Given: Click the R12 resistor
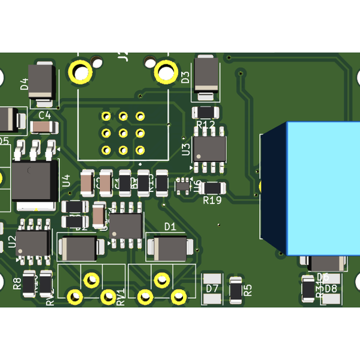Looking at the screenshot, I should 205,112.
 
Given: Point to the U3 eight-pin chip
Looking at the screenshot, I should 210,147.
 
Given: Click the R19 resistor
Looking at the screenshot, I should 212,187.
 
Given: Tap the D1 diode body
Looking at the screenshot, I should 170,247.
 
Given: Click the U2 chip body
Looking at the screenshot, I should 32,243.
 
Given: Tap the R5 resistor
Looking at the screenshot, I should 236,289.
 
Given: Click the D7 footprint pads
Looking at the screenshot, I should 212,289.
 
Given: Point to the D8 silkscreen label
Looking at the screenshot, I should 331,289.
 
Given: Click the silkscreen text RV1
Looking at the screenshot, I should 121,296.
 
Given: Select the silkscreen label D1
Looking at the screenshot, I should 170,227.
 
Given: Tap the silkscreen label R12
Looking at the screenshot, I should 205,125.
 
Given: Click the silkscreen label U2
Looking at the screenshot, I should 12,242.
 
